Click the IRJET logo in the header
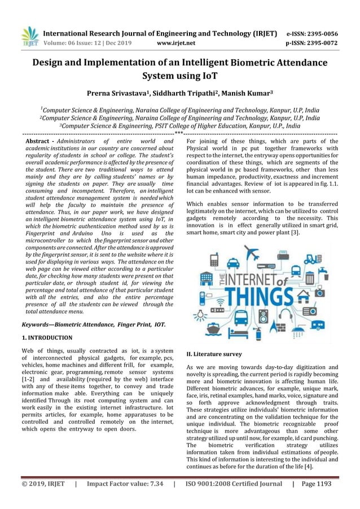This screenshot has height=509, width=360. pos(30,36)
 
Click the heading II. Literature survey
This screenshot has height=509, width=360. pos(214,354)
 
